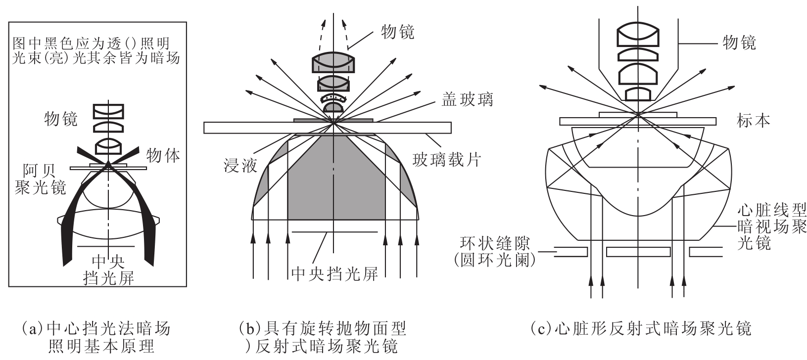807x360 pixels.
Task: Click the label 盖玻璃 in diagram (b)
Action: pos(467,99)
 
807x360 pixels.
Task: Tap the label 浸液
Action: pos(240,166)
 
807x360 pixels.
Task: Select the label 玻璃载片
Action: pos(447,160)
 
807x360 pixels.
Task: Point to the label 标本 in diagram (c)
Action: pos(754,121)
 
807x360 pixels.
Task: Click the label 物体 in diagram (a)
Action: pos(163,155)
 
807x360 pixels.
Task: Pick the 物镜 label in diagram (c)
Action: pos(739,43)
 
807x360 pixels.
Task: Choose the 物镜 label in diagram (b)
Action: pos(398,32)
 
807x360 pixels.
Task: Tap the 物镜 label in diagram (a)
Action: pos(61,119)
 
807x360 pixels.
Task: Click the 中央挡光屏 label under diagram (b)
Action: pos(334,274)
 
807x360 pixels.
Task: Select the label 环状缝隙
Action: pos(495,243)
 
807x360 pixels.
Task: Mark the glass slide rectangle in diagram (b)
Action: pos(328,128)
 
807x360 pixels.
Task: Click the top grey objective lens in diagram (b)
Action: pos(333,62)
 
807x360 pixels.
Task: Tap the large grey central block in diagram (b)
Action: pos(336,178)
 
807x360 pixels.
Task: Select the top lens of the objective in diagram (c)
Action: pos(638,34)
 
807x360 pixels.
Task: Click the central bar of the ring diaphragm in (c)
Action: pos(638,252)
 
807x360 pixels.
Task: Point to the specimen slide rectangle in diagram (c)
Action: pos(638,121)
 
